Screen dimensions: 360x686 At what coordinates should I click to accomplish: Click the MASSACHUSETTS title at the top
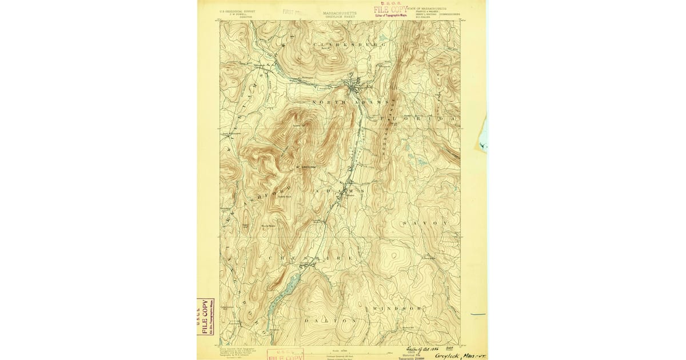(340, 12)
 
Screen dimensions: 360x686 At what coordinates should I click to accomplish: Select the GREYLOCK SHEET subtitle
(340, 17)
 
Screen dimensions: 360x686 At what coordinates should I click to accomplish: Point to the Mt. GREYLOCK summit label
(306, 167)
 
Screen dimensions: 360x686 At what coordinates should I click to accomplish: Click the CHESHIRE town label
(309, 258)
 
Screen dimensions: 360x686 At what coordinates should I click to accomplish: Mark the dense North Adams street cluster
(355, 88)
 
